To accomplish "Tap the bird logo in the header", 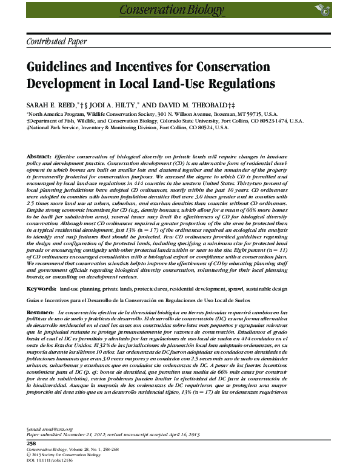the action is [320, 8].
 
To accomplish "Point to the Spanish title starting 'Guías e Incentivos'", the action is [121, 300].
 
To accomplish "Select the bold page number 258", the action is [32, 444].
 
